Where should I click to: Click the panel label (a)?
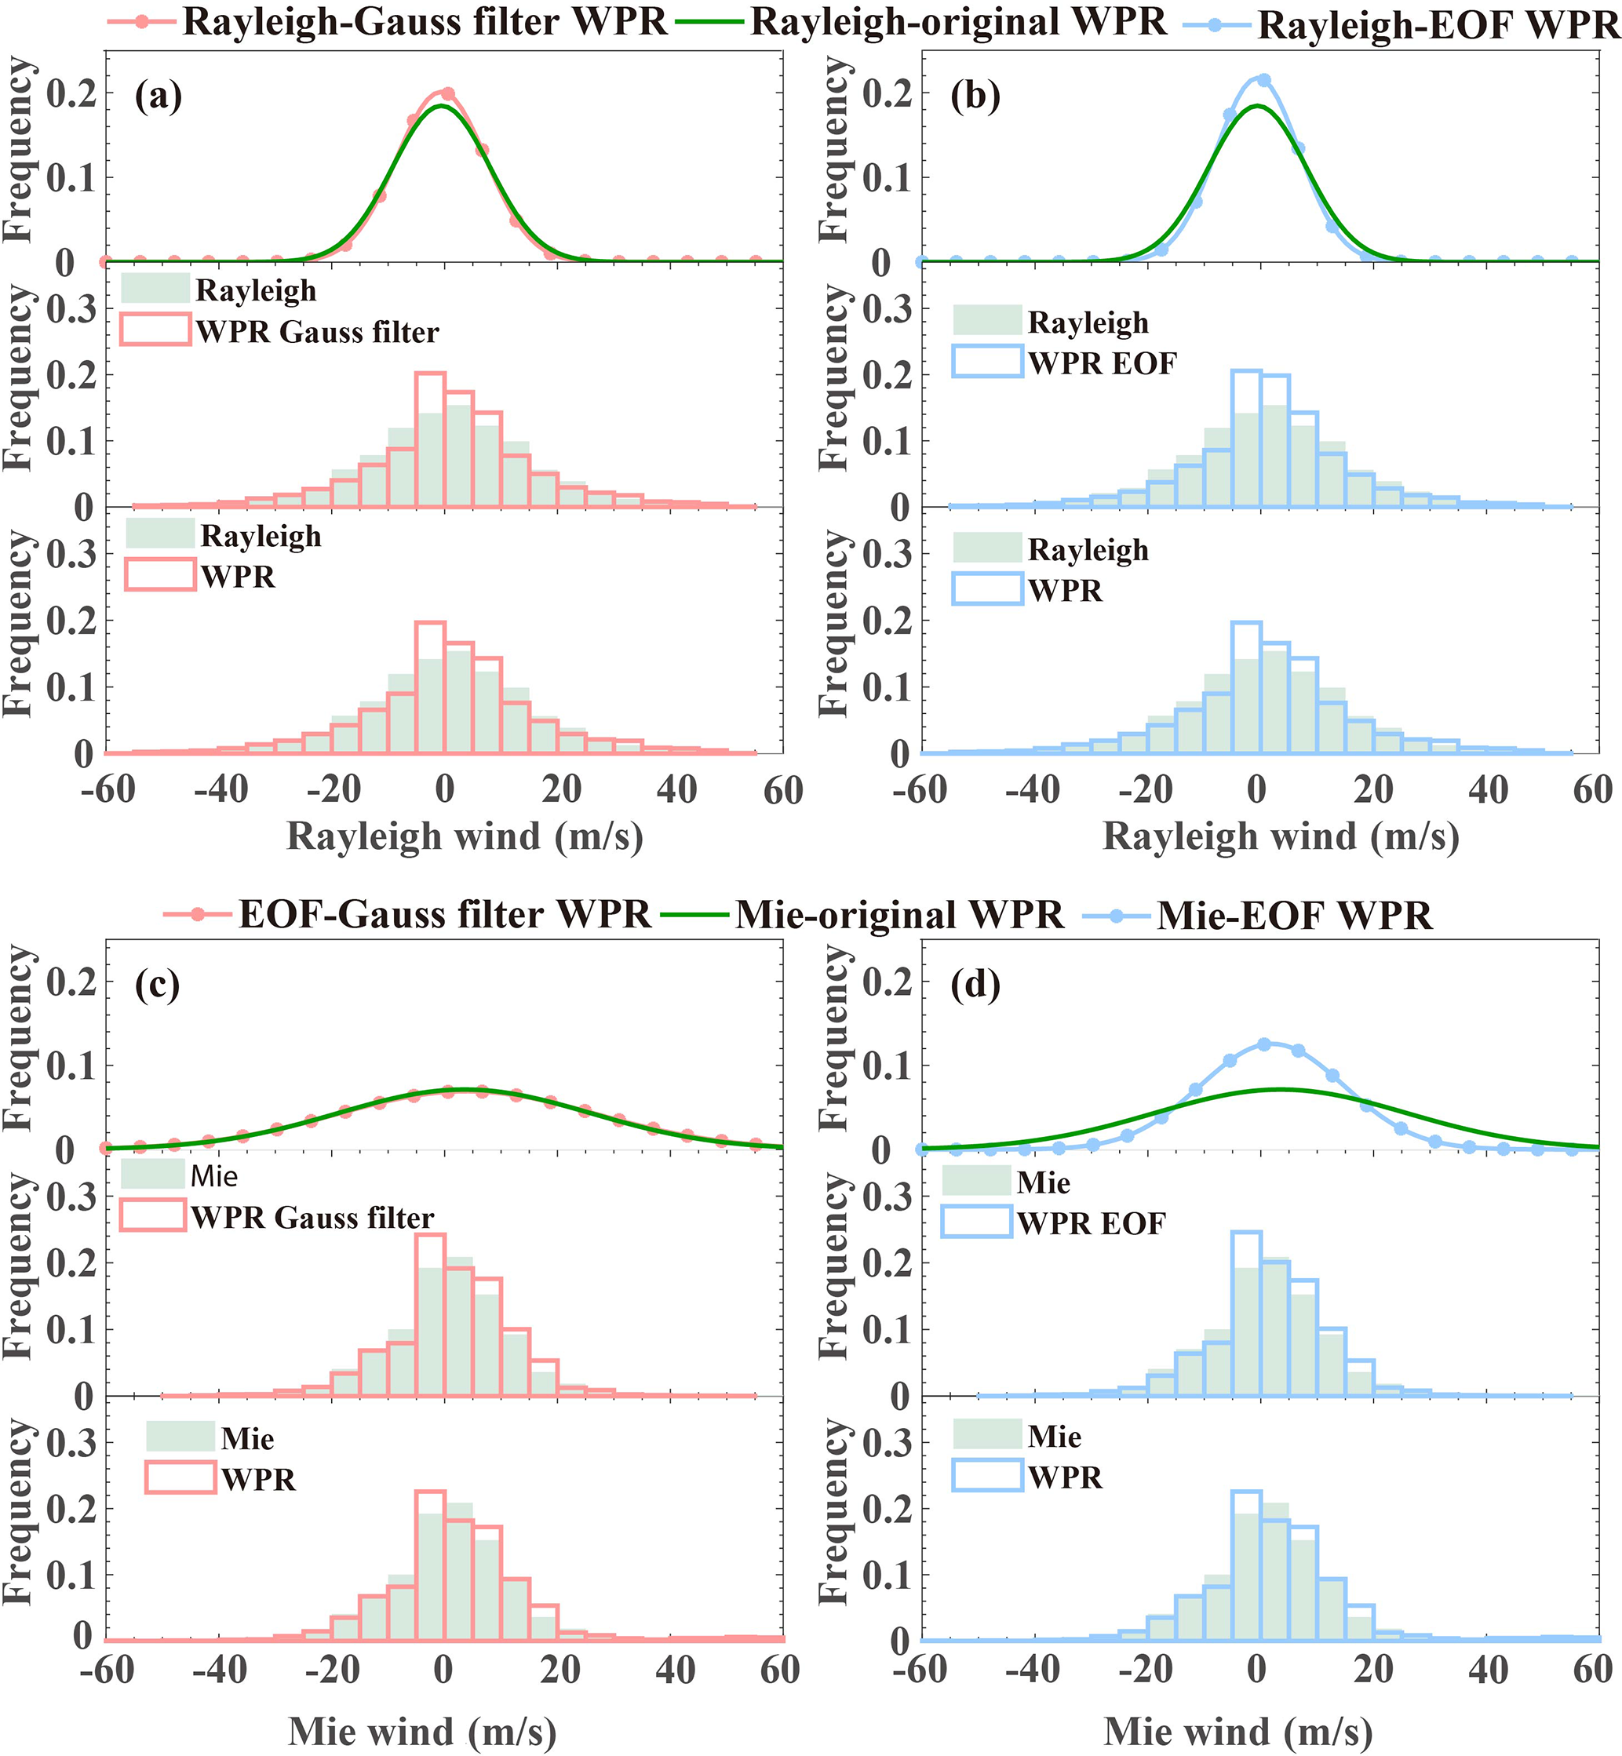click(158, 96)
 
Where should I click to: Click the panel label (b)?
click(975, 96)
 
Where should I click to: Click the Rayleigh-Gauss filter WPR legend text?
click(425, 22)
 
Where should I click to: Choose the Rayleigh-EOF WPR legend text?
click(1438, 25)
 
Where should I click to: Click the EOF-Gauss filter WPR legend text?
click(445, 914)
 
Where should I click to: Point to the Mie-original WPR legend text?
click(899, 914)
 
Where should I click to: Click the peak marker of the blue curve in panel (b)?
click(1264, 80)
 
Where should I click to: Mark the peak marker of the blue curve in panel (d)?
click(1264, 1044)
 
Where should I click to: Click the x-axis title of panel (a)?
click(465, 836)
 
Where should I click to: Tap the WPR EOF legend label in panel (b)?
click(1103, 363)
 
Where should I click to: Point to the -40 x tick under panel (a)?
click(222, 790)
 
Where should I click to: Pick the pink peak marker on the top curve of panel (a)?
click(447, 94)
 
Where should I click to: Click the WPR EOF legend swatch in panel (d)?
click(977, 1222)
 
